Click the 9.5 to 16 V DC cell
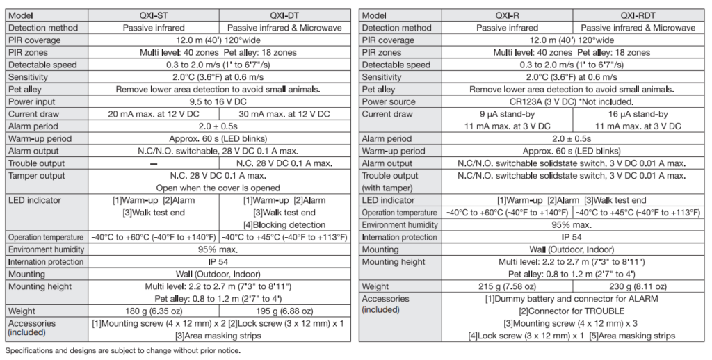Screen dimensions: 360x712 point(219,102)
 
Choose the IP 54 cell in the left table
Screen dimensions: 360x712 point(219,262)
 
